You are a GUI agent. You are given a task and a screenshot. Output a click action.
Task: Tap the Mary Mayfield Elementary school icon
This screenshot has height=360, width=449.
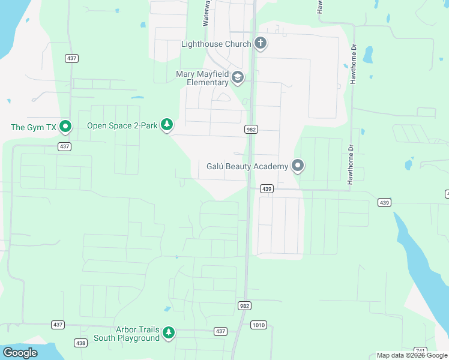coord(238,77)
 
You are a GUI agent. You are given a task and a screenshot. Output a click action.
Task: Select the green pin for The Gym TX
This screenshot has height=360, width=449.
coord(66,127)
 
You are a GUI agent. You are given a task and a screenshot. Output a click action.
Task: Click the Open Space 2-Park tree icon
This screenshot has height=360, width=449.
coord(167,125)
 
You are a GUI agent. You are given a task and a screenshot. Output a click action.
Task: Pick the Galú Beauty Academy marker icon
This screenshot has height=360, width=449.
coord(297,166)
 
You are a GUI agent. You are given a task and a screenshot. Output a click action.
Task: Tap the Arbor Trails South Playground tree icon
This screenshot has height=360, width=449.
coord(169,333)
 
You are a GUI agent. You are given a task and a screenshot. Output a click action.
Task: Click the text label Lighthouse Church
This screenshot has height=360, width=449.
coord(216,44)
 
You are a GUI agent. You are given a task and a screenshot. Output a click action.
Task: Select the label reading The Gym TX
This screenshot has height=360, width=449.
coord(34,127)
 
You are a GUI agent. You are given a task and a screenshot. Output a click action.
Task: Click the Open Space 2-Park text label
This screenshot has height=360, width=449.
coord(122,125)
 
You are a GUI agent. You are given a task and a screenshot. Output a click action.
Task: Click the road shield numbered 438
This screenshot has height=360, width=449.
coord(80,343)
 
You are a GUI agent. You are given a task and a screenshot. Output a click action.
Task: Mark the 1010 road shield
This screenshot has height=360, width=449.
coord(258,325)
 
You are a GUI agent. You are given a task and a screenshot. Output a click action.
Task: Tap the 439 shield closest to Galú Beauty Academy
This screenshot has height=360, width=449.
coord(267,188)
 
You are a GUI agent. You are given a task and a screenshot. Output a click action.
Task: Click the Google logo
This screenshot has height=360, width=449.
coord(20,353)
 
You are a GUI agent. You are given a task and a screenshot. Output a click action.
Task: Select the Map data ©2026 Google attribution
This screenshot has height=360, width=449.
coord(412,355)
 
